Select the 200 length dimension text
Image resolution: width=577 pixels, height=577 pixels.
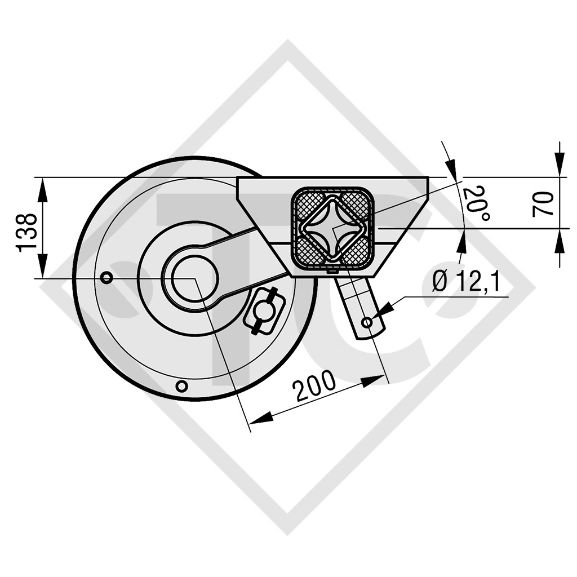[x=314, y=387]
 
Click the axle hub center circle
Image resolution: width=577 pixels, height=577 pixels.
[x=194, y=278]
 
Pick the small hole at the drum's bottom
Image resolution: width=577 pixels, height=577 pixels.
[x=181, y=386]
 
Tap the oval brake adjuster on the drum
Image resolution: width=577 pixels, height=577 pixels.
[x=264, y=310]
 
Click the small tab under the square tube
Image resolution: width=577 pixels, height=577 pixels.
[x=332, y=271]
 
